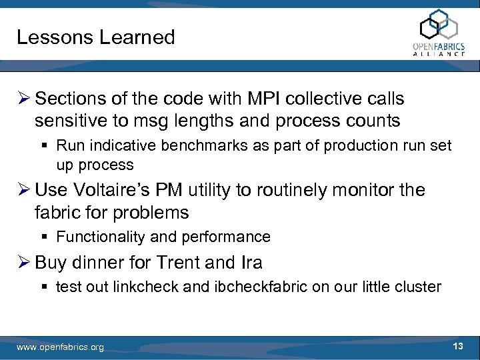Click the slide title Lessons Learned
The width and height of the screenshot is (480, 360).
(95, 37)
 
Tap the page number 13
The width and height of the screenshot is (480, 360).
(458, 346)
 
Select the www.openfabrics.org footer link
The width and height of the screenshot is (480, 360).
(60, 347)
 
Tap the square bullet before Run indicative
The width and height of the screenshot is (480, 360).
(47, 145)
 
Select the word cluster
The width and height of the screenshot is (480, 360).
(419, 287)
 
